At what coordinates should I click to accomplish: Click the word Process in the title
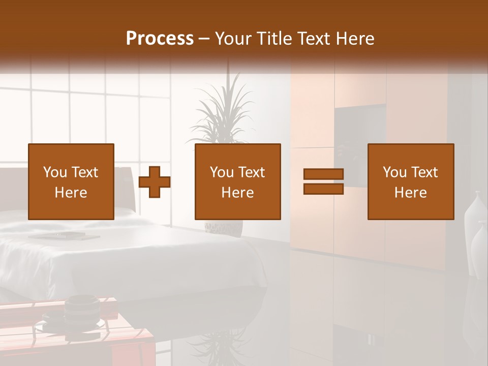point(160,39)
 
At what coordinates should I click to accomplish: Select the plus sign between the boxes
point(155,182)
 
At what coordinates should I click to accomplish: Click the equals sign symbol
point(323,181)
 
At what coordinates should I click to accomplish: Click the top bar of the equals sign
point(323,174)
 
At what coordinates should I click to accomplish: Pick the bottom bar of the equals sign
point(323,189)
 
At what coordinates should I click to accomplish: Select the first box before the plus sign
point(71,181)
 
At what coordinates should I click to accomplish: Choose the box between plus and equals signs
point(237,181)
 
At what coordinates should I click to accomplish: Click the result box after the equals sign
point(410,181)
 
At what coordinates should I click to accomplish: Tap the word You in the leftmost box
point(54,172)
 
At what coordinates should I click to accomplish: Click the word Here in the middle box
point(237,193)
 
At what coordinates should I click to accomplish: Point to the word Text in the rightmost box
point(425,172)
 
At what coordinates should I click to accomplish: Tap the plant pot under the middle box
point(224,228)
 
